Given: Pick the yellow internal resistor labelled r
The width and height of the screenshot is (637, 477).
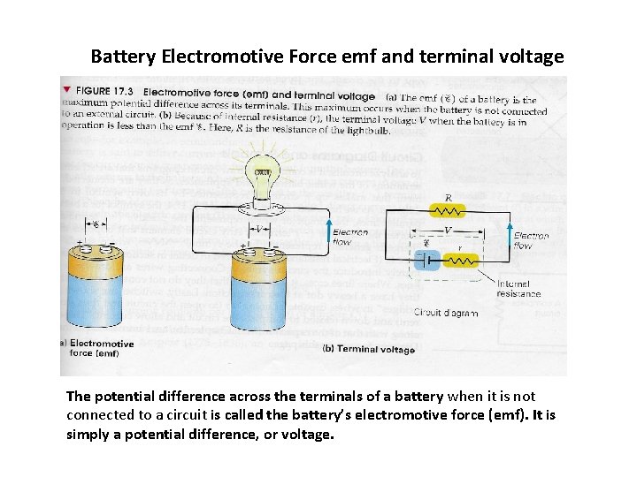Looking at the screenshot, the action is coord(460,261).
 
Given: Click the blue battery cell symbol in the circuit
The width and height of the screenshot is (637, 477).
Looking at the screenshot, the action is coord(426,260).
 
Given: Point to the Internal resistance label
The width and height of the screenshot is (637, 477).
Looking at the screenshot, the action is coord(518,288).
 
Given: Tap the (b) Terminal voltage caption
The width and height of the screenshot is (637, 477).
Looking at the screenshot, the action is coord(369,349).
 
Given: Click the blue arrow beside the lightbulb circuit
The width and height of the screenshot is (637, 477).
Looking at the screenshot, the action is coord(329,231).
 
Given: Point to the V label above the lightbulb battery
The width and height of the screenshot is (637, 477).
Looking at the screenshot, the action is coord(259,228).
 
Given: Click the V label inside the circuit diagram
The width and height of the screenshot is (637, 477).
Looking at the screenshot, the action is coord(447,230).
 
